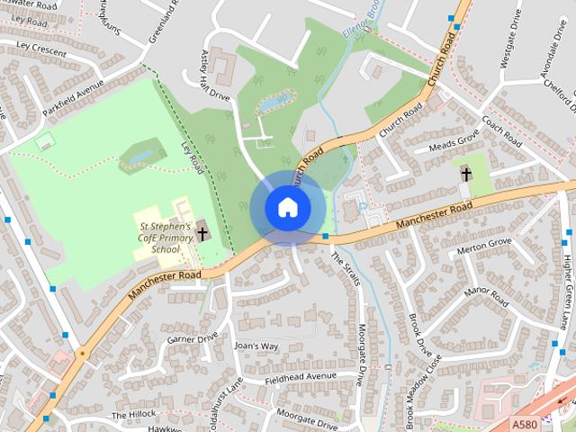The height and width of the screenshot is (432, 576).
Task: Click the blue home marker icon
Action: click(x=287, y=207)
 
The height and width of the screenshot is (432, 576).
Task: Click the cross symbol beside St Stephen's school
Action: click(x=202, y=234)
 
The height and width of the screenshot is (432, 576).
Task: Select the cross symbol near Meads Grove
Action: click(x=465, y=174)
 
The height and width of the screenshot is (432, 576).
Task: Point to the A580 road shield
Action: click(x=525, y=423)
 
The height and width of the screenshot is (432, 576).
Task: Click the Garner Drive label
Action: click(x=193, y=338)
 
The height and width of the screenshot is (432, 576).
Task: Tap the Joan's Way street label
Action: click(x=256, y=346)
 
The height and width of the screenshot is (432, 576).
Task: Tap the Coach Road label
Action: click(x=502, y=131)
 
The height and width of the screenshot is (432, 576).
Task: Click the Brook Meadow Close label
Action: click(x=423, y=390)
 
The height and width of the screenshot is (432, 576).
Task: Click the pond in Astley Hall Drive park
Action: click(x=274, y=103)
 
